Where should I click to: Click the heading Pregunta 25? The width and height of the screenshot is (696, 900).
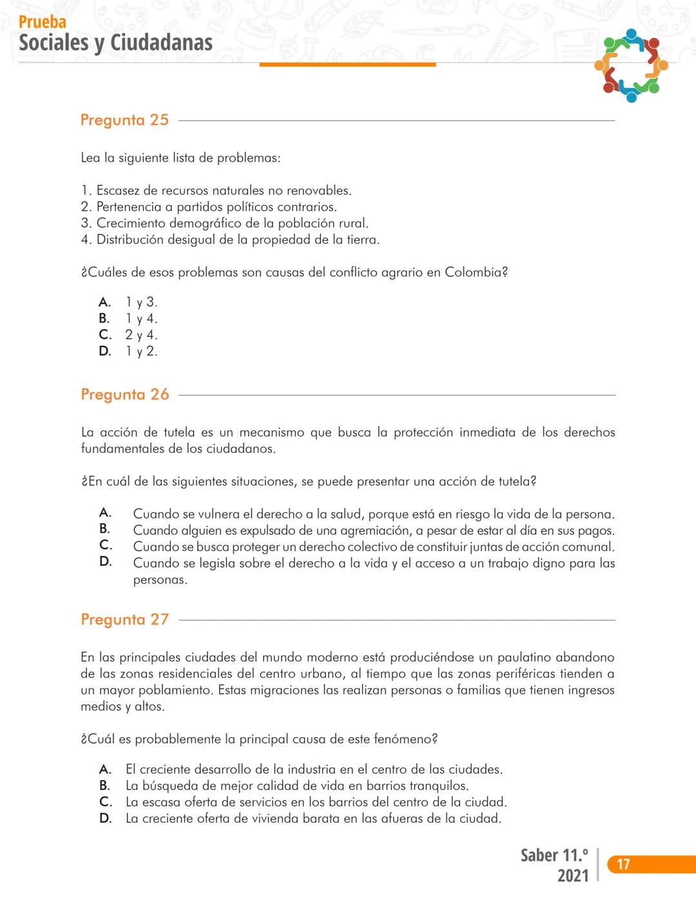click(x=124, y=120)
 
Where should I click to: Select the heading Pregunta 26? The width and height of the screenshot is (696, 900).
click(x=125, y=395)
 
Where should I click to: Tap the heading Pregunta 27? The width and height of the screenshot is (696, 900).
click(x=125, y=620)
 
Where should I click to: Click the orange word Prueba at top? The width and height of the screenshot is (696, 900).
click(x=43, y=22)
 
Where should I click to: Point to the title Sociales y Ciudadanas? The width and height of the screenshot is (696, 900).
click(x=116, y=43)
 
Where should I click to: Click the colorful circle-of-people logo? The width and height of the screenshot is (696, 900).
click(x=631, y=65)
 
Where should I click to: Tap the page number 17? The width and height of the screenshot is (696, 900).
click(x=623, y=865)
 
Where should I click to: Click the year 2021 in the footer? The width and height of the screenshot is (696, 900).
click(x=573, y=876)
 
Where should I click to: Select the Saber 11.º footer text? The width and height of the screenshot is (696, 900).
click(x=554, y=856)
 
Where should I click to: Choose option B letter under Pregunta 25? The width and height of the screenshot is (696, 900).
click(x=104, y=318)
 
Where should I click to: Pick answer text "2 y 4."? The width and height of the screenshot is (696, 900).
click(x=141, y=335)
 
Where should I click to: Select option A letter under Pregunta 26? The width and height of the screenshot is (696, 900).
click(x=105, y=513)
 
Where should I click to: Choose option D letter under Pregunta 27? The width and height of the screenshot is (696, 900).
click(x=106, y=818)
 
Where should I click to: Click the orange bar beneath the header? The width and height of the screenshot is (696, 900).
click(x=347, y=64)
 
